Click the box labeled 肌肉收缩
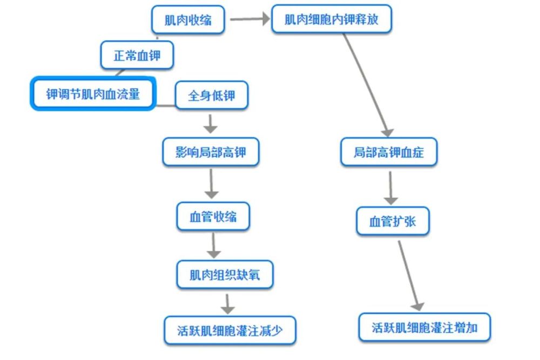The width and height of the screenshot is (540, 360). (x=187, y=21)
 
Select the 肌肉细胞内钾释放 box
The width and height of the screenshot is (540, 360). (x=331, y=19)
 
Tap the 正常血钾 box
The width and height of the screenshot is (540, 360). (x=137, y=55)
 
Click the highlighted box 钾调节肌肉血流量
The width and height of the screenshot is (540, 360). (x=93, y=94)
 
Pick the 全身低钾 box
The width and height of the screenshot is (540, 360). (x=211, y=97)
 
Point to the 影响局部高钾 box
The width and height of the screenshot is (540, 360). (x=211, y=152)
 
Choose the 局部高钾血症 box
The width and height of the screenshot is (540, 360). (x=388, y=152)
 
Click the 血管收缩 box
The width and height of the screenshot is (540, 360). (x=213, y=217)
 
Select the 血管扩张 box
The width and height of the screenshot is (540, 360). (x=393, y=221)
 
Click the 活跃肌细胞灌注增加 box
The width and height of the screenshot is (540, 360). (x=424, y=327)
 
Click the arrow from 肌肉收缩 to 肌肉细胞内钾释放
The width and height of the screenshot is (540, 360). (x=249, y=20)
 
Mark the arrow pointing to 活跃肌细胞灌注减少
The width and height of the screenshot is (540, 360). (x=228, y=303)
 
